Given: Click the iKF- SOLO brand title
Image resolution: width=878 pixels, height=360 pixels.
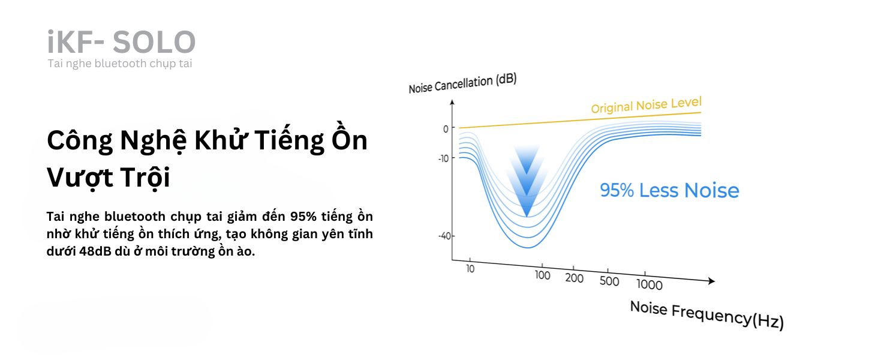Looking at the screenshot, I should pyautogui.click(x=121, y=42).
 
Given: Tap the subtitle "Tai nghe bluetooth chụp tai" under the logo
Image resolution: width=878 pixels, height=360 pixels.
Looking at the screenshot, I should pyautogui.click(x=120, y=64).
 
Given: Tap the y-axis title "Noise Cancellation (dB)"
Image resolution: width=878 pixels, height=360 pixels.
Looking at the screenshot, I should pyautogui.click(x=462, y=84).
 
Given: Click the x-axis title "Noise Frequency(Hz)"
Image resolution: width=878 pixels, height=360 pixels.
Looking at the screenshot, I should pyautogui.click(x=706, y=315).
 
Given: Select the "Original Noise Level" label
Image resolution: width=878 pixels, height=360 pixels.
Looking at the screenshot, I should pyautogui.click(x=646, y=105).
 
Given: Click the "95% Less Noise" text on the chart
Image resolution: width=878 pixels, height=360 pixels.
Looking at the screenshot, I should pyautogui.click(x=669, y=191).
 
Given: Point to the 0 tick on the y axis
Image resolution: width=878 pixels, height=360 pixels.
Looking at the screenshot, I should pyautogui.click(x=445, y=128).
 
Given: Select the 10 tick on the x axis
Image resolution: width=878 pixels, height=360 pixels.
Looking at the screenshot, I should pyautogui.click(x=470, y=269).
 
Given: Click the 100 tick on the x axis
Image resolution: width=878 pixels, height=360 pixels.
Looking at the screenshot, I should pyautogui.click(x=542, y=275).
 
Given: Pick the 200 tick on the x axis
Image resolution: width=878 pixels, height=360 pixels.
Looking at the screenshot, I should pyautogui.click(x=574, y=278).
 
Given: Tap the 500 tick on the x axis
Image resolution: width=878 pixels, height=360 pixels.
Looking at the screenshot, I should pyautogui.click(x=609, y=281).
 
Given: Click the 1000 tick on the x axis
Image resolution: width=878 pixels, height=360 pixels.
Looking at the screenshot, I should pyautogui.click(x=649, y=284).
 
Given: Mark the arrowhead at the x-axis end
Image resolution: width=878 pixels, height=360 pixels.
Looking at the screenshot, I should pyautogui.click(x=711, y=281).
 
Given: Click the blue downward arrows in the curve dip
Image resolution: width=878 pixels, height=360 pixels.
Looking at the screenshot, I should pyautogui.click(x=526, y=180).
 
